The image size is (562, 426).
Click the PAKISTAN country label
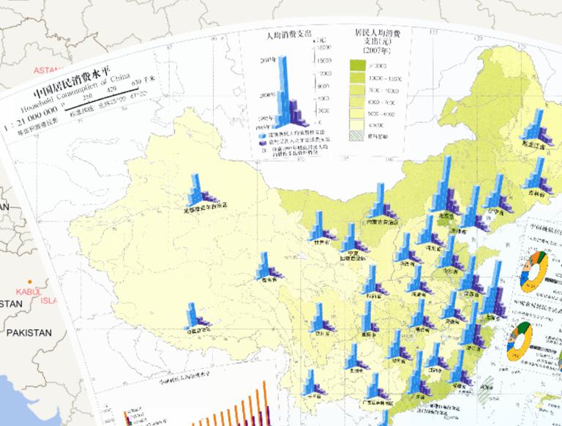click(29, 332)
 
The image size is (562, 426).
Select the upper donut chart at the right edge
click(535, 271)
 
